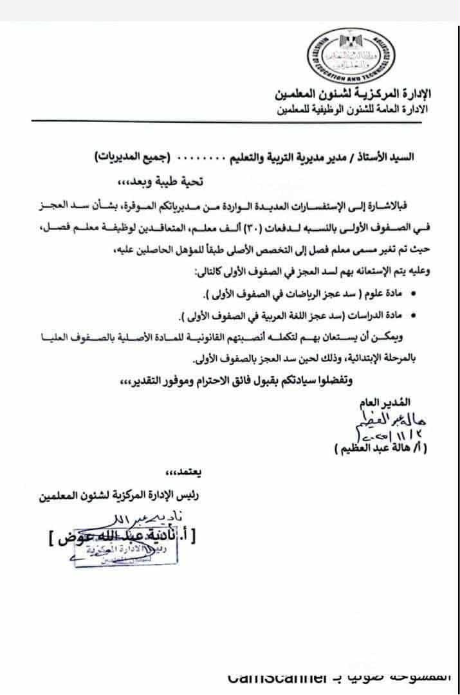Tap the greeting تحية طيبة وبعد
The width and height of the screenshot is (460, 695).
(235, 182)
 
